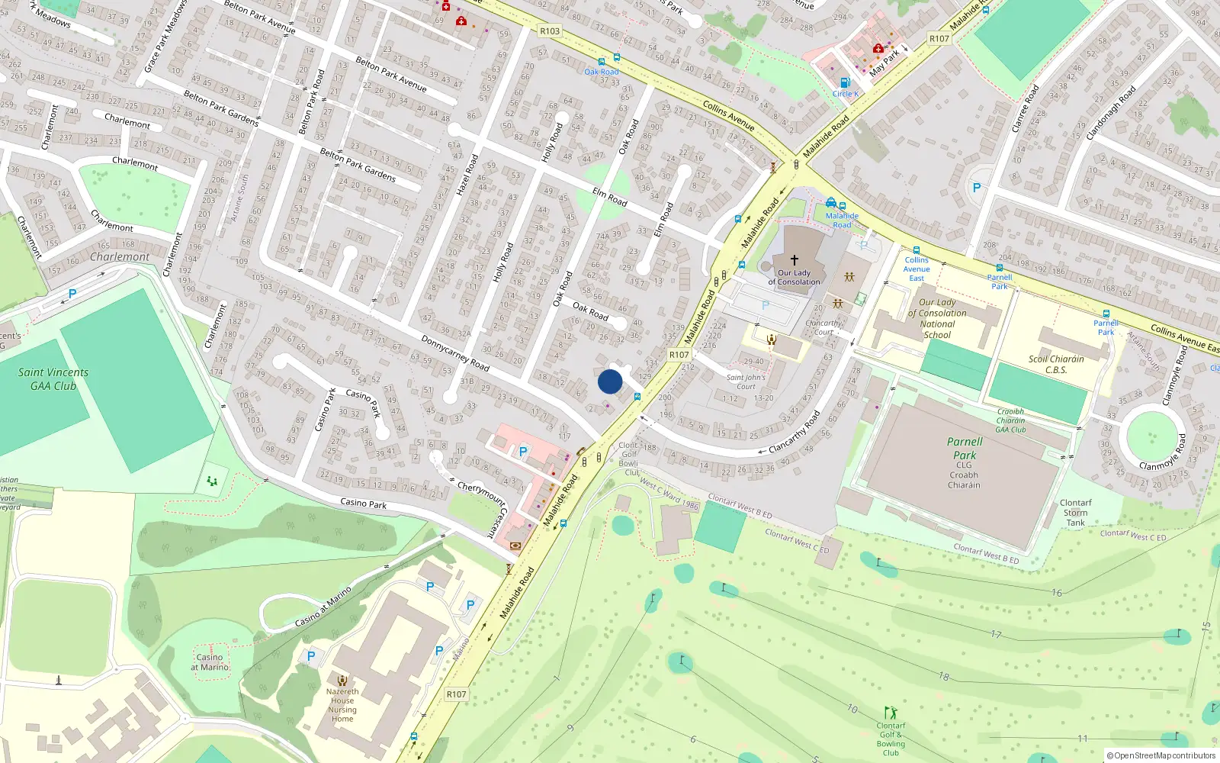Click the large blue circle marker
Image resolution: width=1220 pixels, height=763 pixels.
click(610, 381)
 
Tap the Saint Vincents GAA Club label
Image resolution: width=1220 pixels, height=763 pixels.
click(53, 379)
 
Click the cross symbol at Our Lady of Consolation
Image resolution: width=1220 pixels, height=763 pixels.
click(794, 260)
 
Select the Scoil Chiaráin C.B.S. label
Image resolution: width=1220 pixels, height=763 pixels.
click(1056, 364)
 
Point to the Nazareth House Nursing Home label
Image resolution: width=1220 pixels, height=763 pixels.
click(342, 705)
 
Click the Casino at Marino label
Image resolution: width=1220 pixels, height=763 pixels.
click(210, 662)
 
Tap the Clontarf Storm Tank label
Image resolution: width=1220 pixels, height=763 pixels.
click(1075, 513)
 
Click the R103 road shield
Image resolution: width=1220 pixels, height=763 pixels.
click(549, 31)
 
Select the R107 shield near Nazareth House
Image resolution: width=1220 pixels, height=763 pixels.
click(456, 694)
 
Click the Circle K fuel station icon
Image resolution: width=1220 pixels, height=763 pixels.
click(845, 82)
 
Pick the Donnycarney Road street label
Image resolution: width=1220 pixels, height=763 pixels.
click(455, 353)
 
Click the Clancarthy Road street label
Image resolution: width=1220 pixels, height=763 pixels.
click(795, 433)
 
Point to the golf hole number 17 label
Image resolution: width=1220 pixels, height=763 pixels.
click(996, 634)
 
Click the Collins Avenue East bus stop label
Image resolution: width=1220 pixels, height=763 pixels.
click(917, 269)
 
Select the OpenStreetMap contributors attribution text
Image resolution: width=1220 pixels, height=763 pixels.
click(1161, 755)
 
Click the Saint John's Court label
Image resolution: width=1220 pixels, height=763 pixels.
click(746, 381)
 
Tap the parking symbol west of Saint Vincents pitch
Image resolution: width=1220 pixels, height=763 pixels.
click(72, 294)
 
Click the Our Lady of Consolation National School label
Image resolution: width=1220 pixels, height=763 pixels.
click(937, 318)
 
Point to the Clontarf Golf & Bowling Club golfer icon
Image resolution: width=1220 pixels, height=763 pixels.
click(891, 713)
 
